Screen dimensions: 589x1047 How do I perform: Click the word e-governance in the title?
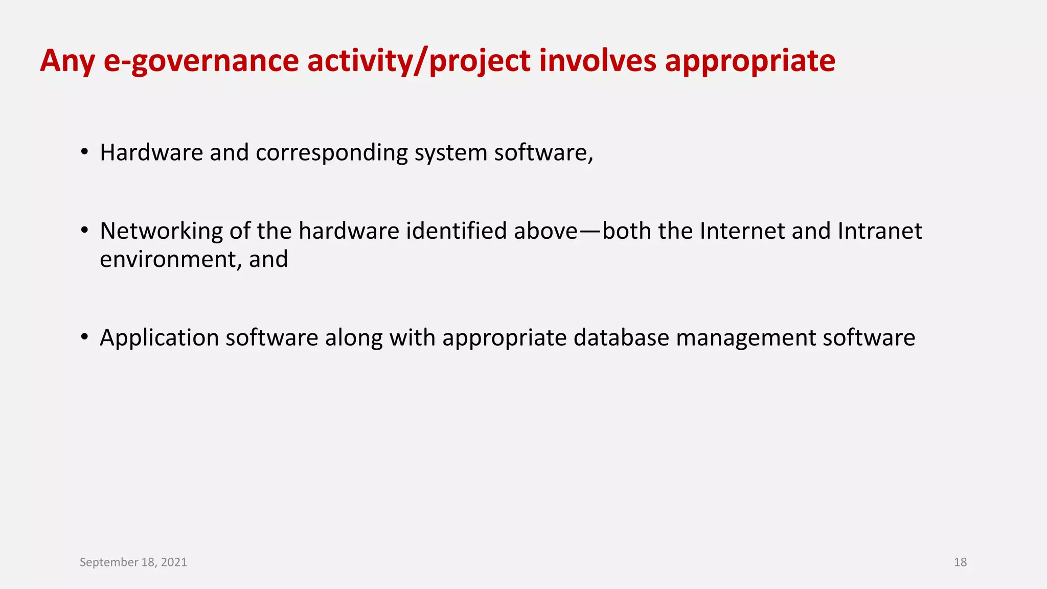pyautogui.click(x=200, y=61)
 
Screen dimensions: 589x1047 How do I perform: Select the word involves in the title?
pyautogui.click(x=597, y=60)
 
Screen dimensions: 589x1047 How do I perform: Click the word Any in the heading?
pyautogui.click(x=67, y=61)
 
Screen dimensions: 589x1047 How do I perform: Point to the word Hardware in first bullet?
pyautogui.click(x=151, y=152)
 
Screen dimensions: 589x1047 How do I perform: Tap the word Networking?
pyautogui.click(x=161, y=232)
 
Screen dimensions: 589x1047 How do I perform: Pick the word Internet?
pyautogui.click(x=742, y=231)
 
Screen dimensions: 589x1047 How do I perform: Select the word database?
pyautogui.click(x=621, y=337)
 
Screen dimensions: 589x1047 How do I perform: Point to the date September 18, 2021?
pyautogui.click(x=133, y=562)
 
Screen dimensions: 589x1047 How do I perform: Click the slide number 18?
pyautogui.click(x=960, y=562)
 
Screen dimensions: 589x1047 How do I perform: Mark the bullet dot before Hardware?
pyautogui.click(x=84, y=152)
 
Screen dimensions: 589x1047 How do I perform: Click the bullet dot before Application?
pyautogui.click(x=84, y=337)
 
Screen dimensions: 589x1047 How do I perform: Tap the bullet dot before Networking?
pyautogui.click(x=84, y=231)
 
